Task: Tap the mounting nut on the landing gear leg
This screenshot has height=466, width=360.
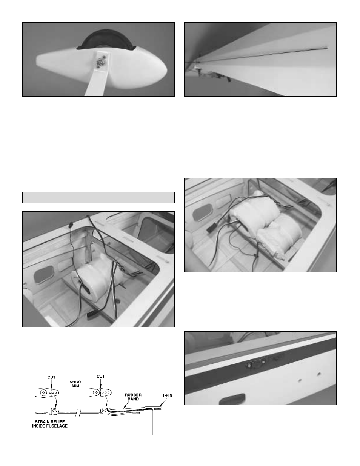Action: point(100,62)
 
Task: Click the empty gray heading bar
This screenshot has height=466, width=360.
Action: point(98,197)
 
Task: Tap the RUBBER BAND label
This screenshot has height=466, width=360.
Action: point(133,397)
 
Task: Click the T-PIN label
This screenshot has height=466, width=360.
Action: point(167,395)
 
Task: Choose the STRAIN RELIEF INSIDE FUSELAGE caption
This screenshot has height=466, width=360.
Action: point(50,424)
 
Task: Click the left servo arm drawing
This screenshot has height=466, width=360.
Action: point(47,393)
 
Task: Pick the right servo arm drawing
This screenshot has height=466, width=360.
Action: point(100,393)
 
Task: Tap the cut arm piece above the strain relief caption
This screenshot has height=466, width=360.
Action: point(54,411)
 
